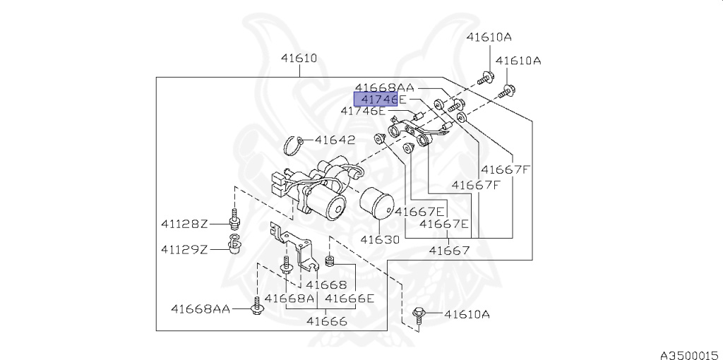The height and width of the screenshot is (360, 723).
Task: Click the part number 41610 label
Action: point(299,59)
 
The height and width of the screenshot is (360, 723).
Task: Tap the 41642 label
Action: point(335,140)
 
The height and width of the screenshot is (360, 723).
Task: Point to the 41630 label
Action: point(380,239)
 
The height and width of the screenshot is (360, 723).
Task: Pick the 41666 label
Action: point(326,322)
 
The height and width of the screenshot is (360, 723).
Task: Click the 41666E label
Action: point(350,299)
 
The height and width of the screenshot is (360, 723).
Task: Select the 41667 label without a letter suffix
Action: point(450,250)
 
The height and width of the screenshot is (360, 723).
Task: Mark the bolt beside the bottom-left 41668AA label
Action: point(256,308)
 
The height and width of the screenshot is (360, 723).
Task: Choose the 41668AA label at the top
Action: point(385,88)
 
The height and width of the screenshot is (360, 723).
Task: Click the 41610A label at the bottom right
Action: point(467,313)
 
